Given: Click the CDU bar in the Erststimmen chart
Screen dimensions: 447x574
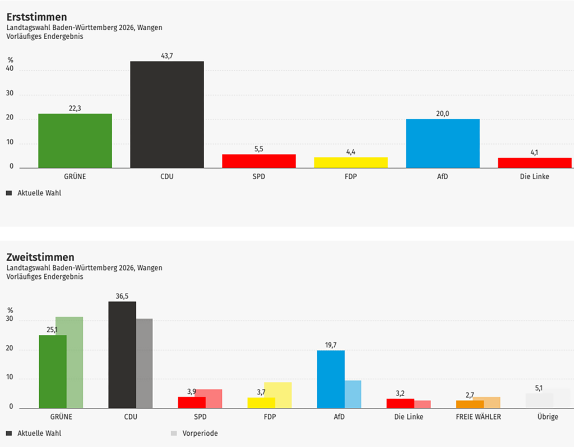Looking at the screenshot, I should point(167,114).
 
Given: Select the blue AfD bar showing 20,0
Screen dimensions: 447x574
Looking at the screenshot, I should point(442,143).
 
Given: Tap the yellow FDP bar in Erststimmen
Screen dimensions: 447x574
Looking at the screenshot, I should point(350,162).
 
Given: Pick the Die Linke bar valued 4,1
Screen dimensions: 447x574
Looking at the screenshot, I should point(534,162).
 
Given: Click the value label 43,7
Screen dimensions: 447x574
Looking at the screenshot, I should point(167,55).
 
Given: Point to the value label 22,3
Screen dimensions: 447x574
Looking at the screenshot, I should point(75,108).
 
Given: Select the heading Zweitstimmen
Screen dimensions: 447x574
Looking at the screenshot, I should point(40,257).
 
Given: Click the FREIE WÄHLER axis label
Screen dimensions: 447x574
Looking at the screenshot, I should point(478,417).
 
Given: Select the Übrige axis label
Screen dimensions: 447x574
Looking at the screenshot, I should point(547,417).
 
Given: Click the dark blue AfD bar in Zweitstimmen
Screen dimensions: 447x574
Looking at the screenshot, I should point(331,379).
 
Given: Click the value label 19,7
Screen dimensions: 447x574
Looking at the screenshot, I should point(331,345).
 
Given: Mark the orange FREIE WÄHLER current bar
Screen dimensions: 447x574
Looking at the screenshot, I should point(470,404).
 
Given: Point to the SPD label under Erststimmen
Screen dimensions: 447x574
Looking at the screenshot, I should point(258,176).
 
